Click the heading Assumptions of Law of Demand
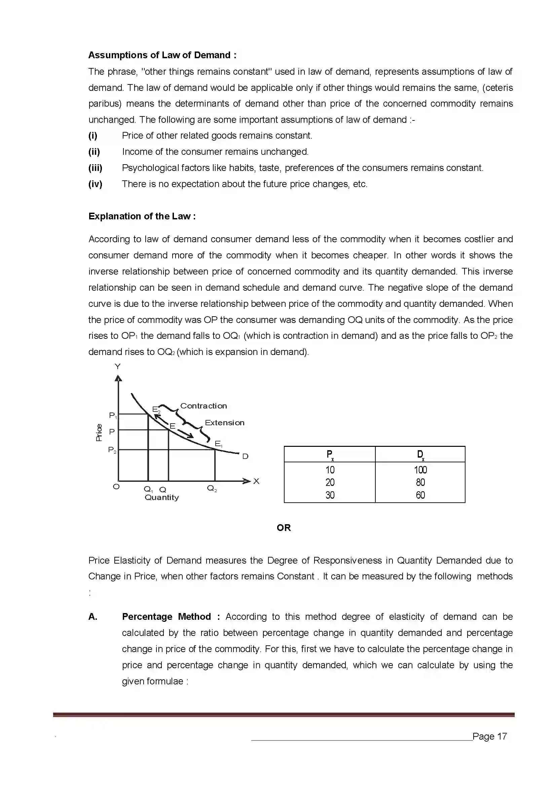[162, 55]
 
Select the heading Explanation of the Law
[142, 216]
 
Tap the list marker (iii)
[95, 168]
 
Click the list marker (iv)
[95, 184]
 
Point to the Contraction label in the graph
[203, 406]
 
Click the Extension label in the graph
[225, 423]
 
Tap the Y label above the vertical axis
[117, 367]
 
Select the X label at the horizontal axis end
[256, 481]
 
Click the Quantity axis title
[162, 497]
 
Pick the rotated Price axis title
[99, 432]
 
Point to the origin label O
[116, 487]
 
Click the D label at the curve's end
[245, 456]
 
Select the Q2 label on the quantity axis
[212, 489]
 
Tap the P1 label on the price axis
[113, 416]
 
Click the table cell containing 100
[420, 470]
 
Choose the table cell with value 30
[330, 495]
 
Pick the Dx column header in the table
[420, 455]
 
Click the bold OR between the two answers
[284, 528]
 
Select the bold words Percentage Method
[166, 617]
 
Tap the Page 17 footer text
[489, 736]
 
